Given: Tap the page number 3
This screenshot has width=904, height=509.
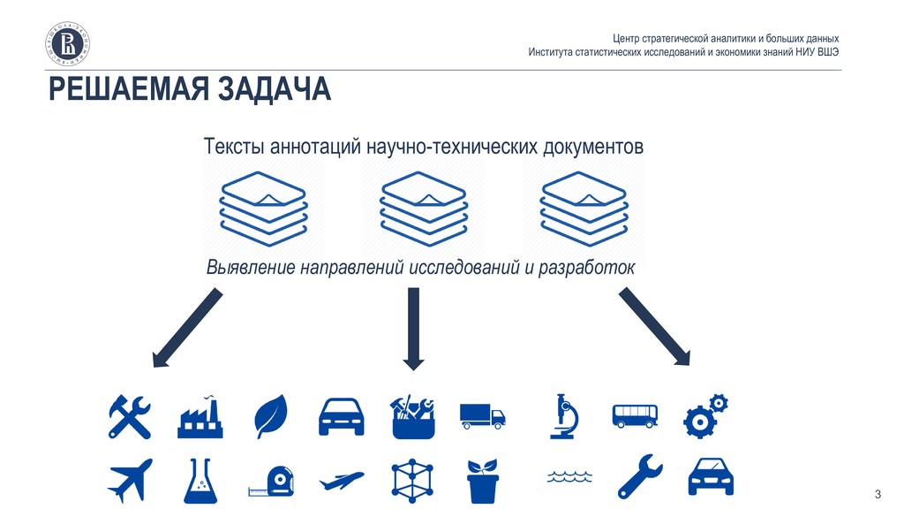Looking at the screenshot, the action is pyautogui.click(x=878, y=492).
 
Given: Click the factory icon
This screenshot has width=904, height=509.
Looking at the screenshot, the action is pyautogui.click(x=200, y=415).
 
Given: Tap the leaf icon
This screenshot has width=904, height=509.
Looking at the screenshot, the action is pyautogui.click(x=270, y=415).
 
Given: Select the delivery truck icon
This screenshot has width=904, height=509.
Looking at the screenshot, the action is pyautogui.click(x=482, y=416).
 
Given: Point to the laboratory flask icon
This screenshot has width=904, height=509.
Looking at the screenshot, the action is pyautogui.click(x=200, y=481).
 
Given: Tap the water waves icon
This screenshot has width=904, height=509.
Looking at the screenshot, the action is pyautogui.click(x=562, y=478).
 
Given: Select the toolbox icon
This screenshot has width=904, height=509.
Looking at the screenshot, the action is pyautogui.click(x=412, y=416).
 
